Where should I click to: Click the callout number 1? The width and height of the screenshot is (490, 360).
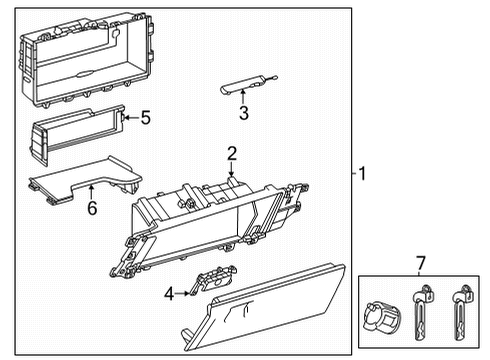pos(363,174)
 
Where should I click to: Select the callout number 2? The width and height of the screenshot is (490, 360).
pos(231,153)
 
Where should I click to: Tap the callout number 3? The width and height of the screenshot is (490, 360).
pos(243,113)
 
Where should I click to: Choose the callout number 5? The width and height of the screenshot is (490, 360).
pos(145,119)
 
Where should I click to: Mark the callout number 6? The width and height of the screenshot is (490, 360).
pos(91,209)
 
